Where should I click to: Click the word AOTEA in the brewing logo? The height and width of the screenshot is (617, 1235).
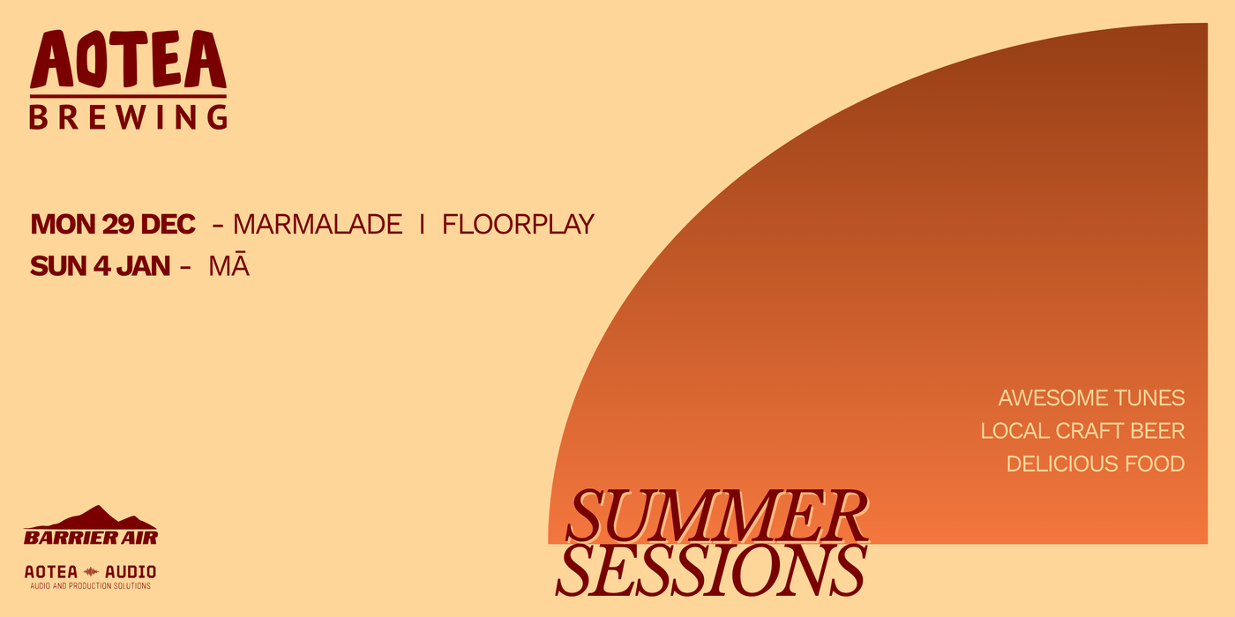coord(128,59)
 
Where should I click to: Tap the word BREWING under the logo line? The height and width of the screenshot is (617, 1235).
coord(128,116)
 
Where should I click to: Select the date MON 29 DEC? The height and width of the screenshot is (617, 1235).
coord(113,224)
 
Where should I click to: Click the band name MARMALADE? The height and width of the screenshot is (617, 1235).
coord(318,224)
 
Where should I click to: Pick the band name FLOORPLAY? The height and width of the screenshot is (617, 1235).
coord(519,224)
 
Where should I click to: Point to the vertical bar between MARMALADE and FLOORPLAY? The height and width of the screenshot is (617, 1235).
coord(423,224)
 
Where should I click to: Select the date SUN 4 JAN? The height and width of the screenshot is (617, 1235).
coord(101,266)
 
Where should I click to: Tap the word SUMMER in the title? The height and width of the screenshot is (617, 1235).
coord(716,516)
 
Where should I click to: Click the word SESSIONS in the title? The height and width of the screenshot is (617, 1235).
coord(711,569)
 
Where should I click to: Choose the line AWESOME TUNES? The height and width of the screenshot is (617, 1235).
coord(1092,398)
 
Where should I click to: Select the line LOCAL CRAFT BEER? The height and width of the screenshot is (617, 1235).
coord(1083,431)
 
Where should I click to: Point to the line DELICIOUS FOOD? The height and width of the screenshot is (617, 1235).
coord(1096,464)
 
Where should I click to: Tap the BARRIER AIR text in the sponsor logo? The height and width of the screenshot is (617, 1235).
coord(91,538)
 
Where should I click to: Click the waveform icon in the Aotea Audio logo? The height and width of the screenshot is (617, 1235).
coord(91,572)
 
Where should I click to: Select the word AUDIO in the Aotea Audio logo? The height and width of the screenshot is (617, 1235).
coord(131,572)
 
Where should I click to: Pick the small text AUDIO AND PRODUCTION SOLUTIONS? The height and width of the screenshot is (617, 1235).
coord(90,585)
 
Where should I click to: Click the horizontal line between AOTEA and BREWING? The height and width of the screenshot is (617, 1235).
coord(128,97)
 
